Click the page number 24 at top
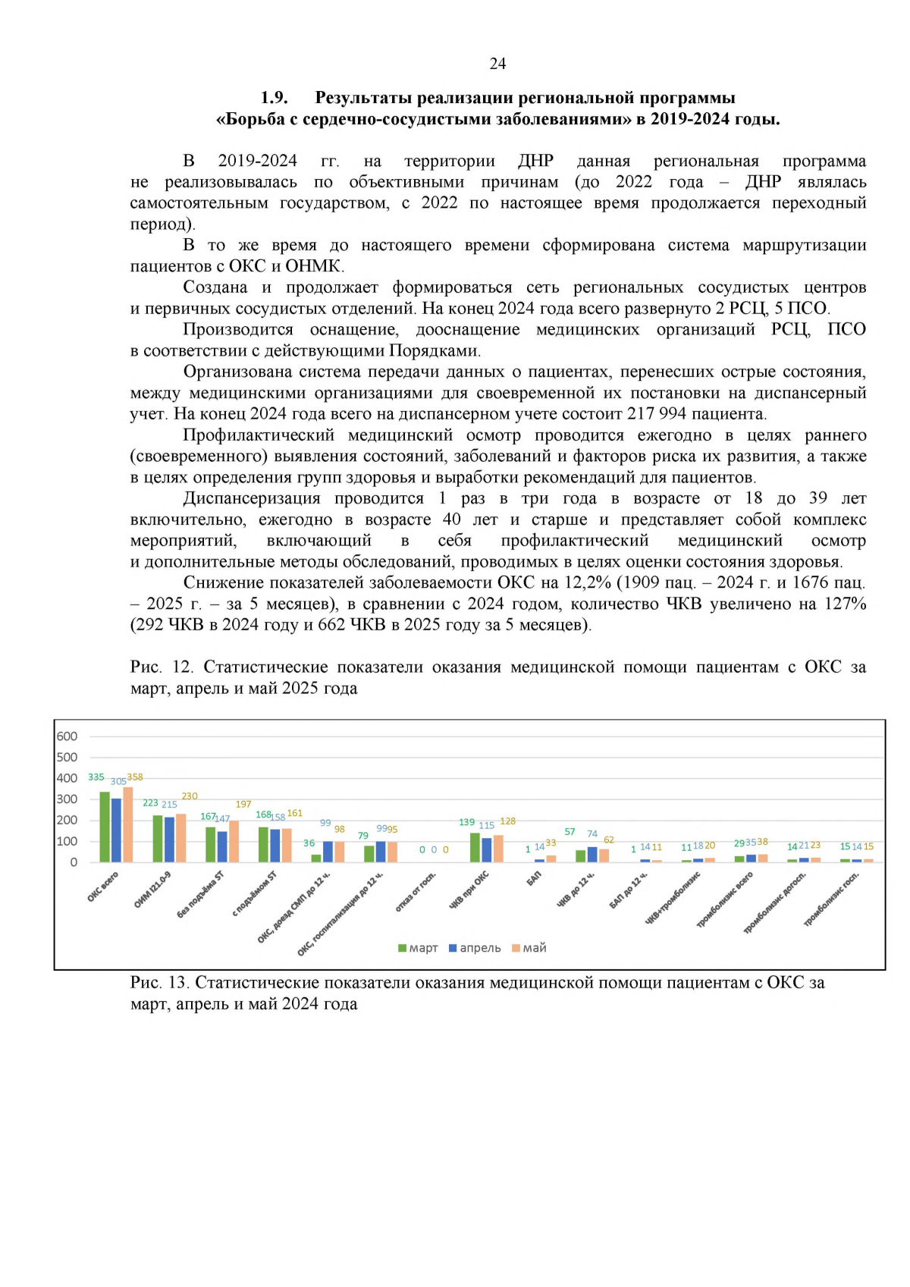[x=497, y=64]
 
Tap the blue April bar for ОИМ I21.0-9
[x=169, y=840]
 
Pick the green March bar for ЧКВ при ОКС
[x=475, y=848]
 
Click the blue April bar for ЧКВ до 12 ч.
[x=592, y=855]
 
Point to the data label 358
[x=135, y=777]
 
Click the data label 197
[x=243, y=805]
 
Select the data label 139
[x=466, y=822]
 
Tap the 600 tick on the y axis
[x=67, y=736]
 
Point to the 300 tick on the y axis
[x=67, y=799]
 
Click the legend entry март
[x=418, y=948]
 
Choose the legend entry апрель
[x=475, y=948]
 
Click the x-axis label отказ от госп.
[x=416, y=892]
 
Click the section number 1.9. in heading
[x=274, y=98]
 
